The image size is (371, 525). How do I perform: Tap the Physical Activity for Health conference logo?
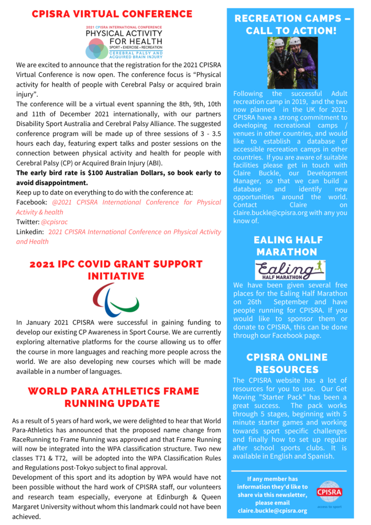[124, 42]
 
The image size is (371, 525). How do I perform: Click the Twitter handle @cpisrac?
[54, 222]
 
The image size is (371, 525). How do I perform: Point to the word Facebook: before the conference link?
[32, 203]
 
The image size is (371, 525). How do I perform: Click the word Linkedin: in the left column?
[30, 232]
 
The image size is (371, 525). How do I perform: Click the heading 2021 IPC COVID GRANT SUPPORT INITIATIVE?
[116, 270]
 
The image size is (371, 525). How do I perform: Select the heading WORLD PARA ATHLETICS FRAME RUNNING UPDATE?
[113, 397]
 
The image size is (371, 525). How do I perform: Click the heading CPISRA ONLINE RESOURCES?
[287, 363]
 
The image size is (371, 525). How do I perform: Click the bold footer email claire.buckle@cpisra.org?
[273, 511]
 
